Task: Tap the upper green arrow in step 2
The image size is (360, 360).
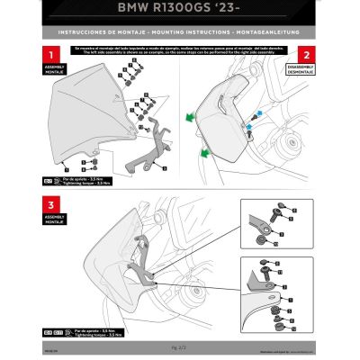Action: pyautogui.click(x=192, y=116)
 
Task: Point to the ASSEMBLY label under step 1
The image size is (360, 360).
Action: pyautogui.click(x=44, y=69)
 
